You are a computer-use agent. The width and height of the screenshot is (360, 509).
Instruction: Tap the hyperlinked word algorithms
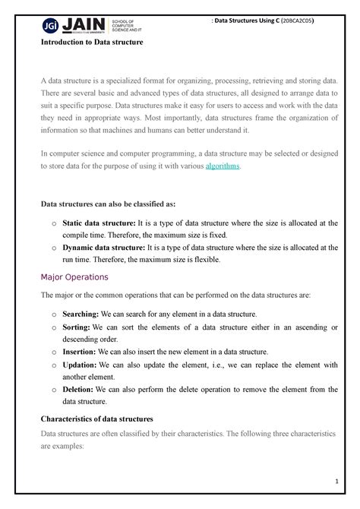tap(222, 166)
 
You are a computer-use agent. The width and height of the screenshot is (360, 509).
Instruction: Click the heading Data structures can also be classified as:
tap(107, 204)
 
